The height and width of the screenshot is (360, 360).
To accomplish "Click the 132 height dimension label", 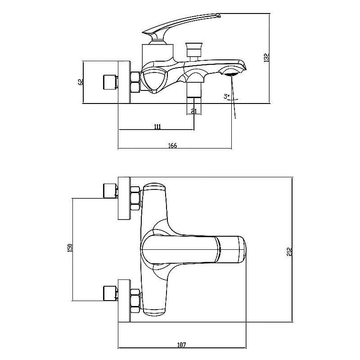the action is click(x=266, y=58).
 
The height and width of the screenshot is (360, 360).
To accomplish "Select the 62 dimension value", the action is click(x=81, y=82).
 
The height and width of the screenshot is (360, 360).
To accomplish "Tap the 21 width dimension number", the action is click(x=194, y=111).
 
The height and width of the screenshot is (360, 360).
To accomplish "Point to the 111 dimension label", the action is click(x=157, y=126).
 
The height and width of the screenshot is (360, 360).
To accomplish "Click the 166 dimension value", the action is click(x=173, y=145).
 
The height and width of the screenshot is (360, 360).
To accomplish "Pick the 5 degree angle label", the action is click(x=227, y=96).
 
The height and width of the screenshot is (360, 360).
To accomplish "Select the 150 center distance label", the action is click(x=70, y=248).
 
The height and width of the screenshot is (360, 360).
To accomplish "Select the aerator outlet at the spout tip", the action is click(x=231, y=74).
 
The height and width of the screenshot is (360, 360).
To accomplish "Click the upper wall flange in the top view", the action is click(x=124, y=198).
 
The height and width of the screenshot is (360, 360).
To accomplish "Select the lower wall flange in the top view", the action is click(x=124, y=301).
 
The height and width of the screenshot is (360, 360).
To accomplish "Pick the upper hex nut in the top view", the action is click(x=135, y=198).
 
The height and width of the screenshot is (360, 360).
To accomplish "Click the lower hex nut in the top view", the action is click(x=135, y=301).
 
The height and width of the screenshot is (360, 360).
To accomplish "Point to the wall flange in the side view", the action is click(x=124, y=82).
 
